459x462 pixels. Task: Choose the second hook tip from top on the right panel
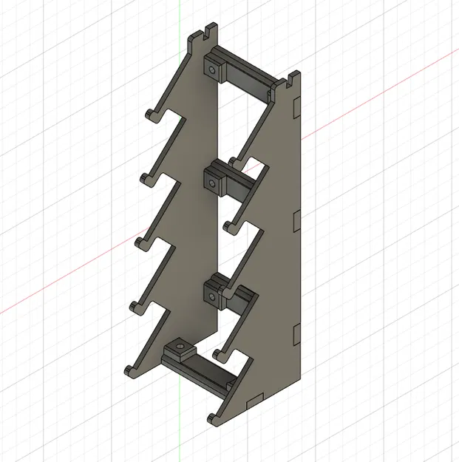pyautogui.click(x=228, y=223)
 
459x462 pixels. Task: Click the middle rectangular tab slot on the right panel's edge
pyautogui.click(x=296, y=220)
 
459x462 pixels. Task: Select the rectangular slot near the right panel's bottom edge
pyautogui.click(x=253, y=401)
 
